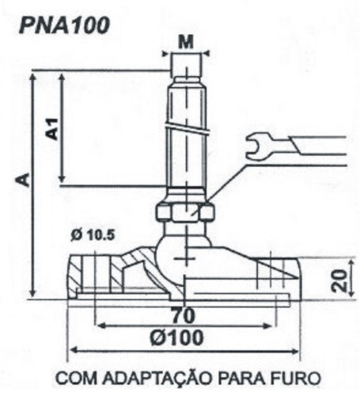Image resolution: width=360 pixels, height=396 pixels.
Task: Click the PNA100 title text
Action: point(64,25)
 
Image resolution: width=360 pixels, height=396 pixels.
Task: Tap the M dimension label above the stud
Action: point(186,42)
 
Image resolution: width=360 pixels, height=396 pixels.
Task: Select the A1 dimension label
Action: point(52,129)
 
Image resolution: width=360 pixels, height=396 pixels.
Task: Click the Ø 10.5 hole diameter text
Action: point(93,235)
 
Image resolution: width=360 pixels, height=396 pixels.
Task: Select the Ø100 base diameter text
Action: point(177,337)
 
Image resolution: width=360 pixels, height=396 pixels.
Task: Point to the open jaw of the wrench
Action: point(254,147)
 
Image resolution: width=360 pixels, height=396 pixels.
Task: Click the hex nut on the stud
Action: point(185,213)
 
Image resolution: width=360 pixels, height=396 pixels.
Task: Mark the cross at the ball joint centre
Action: point(186,259)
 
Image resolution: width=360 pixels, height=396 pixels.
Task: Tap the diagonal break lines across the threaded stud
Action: point(188,128)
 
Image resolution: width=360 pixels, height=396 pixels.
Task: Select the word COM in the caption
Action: point(77,378)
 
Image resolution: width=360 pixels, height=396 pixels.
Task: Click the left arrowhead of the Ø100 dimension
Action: point(74,351)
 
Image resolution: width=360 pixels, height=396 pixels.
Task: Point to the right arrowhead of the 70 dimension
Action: point(268,326)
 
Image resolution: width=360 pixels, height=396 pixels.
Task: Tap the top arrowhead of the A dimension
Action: point(33,77)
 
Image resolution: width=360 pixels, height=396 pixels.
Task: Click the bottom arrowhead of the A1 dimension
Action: point(62,179)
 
